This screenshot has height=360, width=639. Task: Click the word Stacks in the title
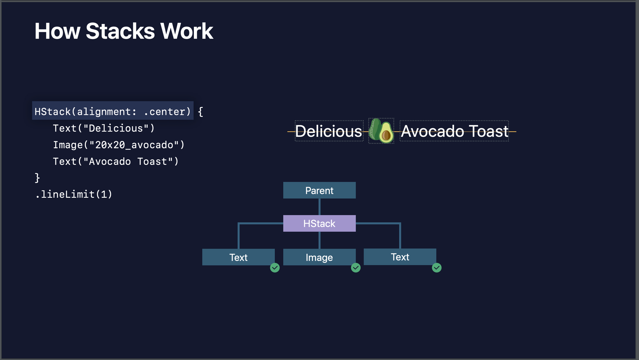120,31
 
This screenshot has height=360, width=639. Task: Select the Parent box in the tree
319,190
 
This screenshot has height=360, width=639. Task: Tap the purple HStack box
319,223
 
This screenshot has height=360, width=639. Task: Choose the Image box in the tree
319,257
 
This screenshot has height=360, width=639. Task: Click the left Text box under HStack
238,257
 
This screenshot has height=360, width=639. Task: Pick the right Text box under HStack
400,257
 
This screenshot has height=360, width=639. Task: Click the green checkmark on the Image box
356,268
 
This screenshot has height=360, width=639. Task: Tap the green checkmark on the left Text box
275,268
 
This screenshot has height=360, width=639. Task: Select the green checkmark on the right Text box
436,268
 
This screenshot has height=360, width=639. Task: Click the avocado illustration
381,131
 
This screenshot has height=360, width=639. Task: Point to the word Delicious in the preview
328,131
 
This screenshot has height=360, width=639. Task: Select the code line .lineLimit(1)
73,194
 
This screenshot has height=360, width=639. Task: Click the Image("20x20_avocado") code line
119,145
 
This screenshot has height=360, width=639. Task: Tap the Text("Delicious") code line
104,128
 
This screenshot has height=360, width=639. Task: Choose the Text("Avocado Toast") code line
115,162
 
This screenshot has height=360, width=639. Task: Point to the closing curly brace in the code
37,178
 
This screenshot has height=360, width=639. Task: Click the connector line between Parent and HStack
319,207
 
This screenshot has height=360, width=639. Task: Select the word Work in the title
187,31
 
